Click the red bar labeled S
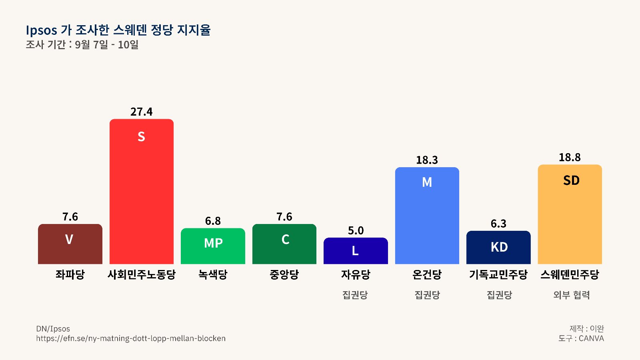[142, 192]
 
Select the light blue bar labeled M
[427, 216]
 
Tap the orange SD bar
[570, 214]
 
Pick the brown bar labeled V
[70, 244]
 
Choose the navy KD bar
[498, 248]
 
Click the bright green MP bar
[213, 246]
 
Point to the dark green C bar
[284, 244]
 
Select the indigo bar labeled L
[356, 251]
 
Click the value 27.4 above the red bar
[142, 112]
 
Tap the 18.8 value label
[570, 158]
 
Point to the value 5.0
[356, 230]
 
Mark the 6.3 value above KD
[498, 224]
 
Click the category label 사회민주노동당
[142, 274]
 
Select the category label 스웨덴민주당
[570, 274]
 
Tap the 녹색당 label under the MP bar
[213, 274]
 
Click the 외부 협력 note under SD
[572, 295]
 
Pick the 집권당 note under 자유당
[355, 295]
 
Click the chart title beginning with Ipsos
[118, 30]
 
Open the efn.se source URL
[131, 338]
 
